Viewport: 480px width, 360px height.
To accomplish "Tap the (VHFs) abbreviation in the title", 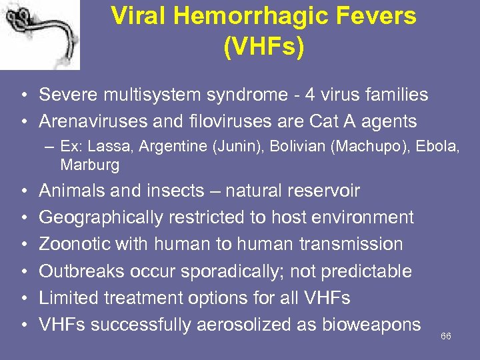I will pos(263,47).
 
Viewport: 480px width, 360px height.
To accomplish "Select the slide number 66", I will pos(446,336).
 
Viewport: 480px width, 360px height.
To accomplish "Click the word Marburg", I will pos(89,164).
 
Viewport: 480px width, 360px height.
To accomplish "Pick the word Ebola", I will pos(435,147).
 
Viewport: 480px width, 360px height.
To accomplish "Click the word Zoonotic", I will pos(74,245).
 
